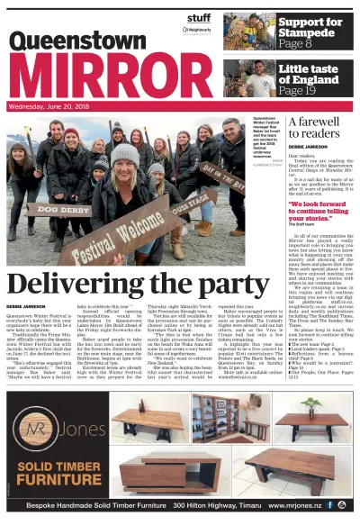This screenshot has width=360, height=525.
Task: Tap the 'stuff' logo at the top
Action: (199, 16)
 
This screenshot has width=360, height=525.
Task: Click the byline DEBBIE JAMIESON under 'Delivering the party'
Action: (26, 307)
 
